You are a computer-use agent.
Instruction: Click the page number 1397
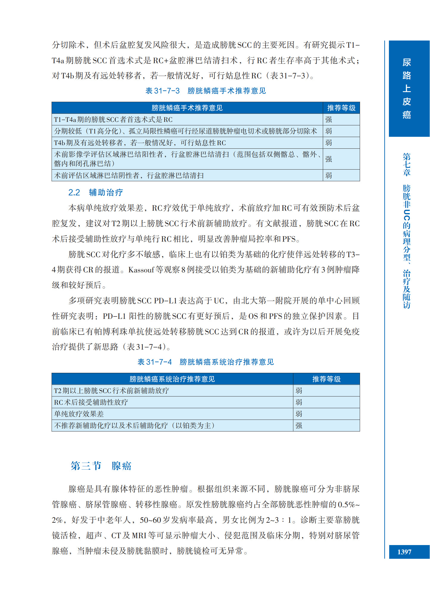point(404,552)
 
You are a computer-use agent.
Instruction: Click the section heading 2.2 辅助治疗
point(96,193)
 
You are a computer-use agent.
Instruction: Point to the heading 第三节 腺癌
point(101,466)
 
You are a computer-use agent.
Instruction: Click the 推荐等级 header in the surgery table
point(341,108)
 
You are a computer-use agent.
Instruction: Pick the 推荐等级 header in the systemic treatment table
point(326,379)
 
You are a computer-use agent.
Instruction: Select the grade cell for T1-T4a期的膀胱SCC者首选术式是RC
point(329,120)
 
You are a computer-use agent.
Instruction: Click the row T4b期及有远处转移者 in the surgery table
point(140,143)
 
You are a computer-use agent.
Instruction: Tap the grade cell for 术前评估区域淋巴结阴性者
point(329,176)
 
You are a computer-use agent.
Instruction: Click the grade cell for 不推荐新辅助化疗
point(299,426)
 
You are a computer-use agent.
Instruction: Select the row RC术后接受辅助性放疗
point(91,402)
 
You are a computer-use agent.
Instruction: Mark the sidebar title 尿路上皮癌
point(406,89)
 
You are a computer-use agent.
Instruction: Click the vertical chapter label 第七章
point(406,165)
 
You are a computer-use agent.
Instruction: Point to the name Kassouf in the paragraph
point(141,270)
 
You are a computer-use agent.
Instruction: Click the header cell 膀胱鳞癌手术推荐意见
point(187,108)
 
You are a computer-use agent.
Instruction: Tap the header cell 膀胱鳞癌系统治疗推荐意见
point(172,379)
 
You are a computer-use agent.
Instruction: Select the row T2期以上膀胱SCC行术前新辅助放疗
point(111,391)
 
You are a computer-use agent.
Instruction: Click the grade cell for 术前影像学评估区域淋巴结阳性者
point(329,159)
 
